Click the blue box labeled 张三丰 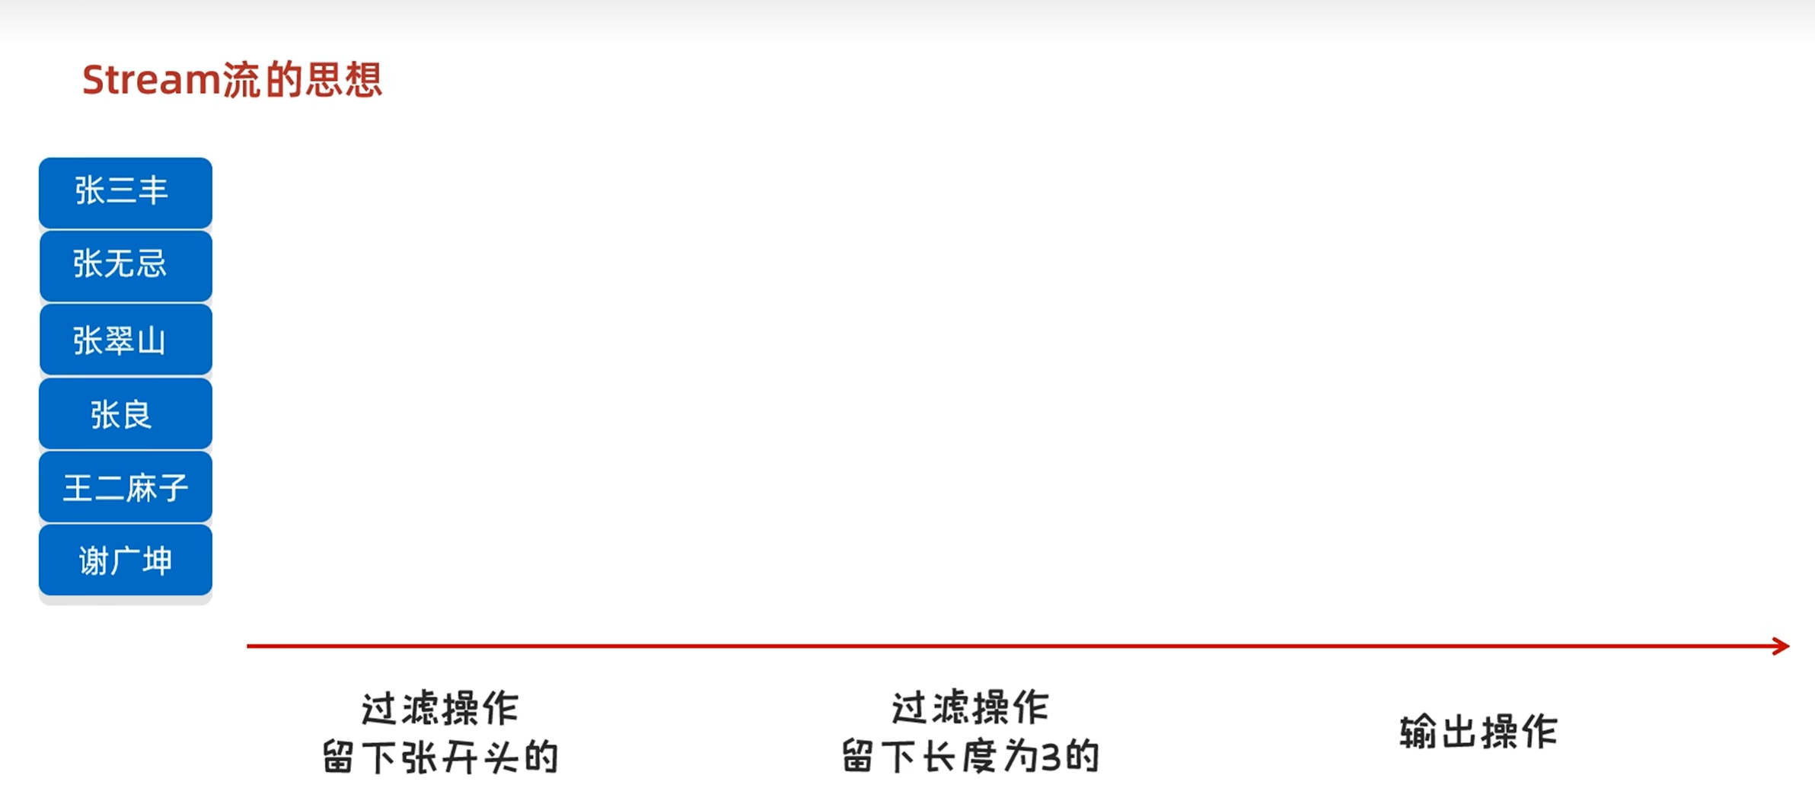(x=126, y=192)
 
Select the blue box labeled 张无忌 (x=126, y=265)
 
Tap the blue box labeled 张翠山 (x=126, y=340)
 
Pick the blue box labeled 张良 (x=126, y=413)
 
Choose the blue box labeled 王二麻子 (x=126, y=487)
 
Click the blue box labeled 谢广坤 (x=126, y=560)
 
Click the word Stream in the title (x=151, y=80)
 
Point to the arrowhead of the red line (x=1781, y=646)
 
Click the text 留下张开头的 (x=440, y=758)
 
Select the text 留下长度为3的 (x=971, y=757)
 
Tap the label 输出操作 (x=1478, y=732)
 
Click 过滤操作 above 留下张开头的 (x=440, y=709)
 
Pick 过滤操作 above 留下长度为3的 (x=971, y=708)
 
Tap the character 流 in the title (x=241, y=80)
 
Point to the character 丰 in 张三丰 (x=153, y=190)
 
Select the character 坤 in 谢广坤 (x=157, y=561)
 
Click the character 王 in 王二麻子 (x=78, y=488)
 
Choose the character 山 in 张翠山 (x=152, y=340)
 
